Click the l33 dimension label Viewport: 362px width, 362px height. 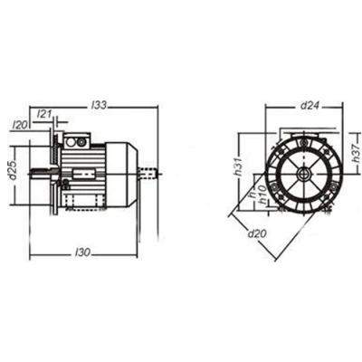click(x=99, y=105)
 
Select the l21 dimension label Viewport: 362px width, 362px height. click(x=43, y=114)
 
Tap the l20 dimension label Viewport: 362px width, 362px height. click(x=21, y=125)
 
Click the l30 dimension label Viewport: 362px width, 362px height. click(x=82, y=252)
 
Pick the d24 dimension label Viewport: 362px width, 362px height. click(x=310, y=105)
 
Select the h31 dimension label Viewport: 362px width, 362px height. click(x=239, y=167)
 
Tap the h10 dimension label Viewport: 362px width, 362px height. click(x=263, y=195)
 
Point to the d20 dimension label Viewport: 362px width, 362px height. click(x=257, y=233)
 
